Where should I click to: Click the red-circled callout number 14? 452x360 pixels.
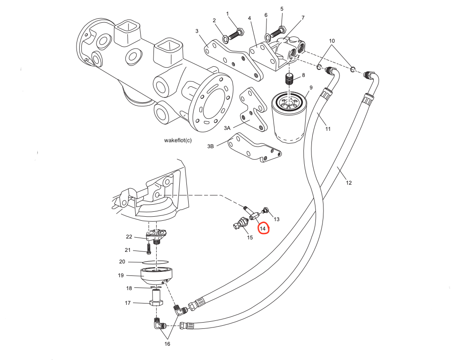point(263,229)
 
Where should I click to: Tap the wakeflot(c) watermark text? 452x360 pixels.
point(178,140)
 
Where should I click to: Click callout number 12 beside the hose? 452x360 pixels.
point(348,182)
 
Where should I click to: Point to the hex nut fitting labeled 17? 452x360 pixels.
point(155,303)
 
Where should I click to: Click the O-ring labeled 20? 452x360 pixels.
point(156,262)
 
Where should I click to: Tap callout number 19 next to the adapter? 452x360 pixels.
point(121,275)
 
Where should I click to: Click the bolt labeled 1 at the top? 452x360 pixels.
point(238,32)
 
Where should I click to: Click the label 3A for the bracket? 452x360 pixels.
point(227,128)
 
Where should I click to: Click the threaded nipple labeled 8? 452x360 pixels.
point(290,80)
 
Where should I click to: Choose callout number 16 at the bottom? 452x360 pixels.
point(167,344)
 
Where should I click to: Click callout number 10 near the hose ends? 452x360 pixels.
point(332,41)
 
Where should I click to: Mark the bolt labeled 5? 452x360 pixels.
point(281,31)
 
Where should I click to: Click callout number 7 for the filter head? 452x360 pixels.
point(303,18)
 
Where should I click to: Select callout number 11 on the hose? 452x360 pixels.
point(328,129)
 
